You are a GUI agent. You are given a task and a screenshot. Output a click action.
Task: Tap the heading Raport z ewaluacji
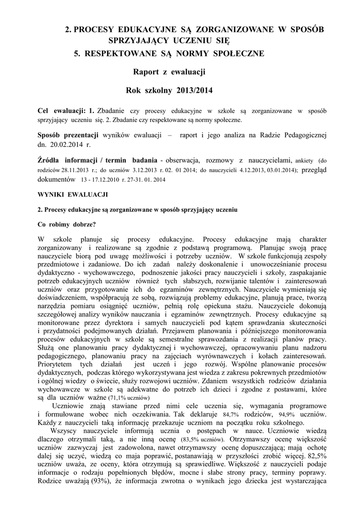[169, 72]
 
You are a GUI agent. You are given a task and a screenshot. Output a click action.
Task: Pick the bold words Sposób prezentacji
[68, 135]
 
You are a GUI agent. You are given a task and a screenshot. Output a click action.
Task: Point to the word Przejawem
[197, 331]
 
